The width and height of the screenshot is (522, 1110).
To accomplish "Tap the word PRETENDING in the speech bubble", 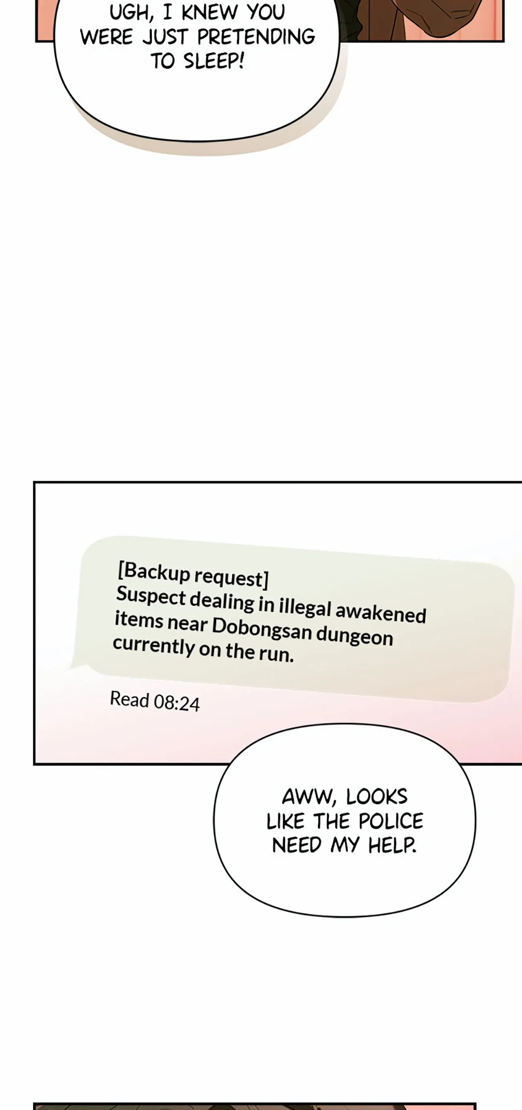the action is tap(257, 36).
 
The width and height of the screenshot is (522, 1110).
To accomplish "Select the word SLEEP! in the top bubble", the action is tap(214, 61).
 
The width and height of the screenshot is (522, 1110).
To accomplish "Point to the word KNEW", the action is tap(209, 12).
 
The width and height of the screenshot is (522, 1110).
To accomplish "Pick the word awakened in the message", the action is tap(380, 613).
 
